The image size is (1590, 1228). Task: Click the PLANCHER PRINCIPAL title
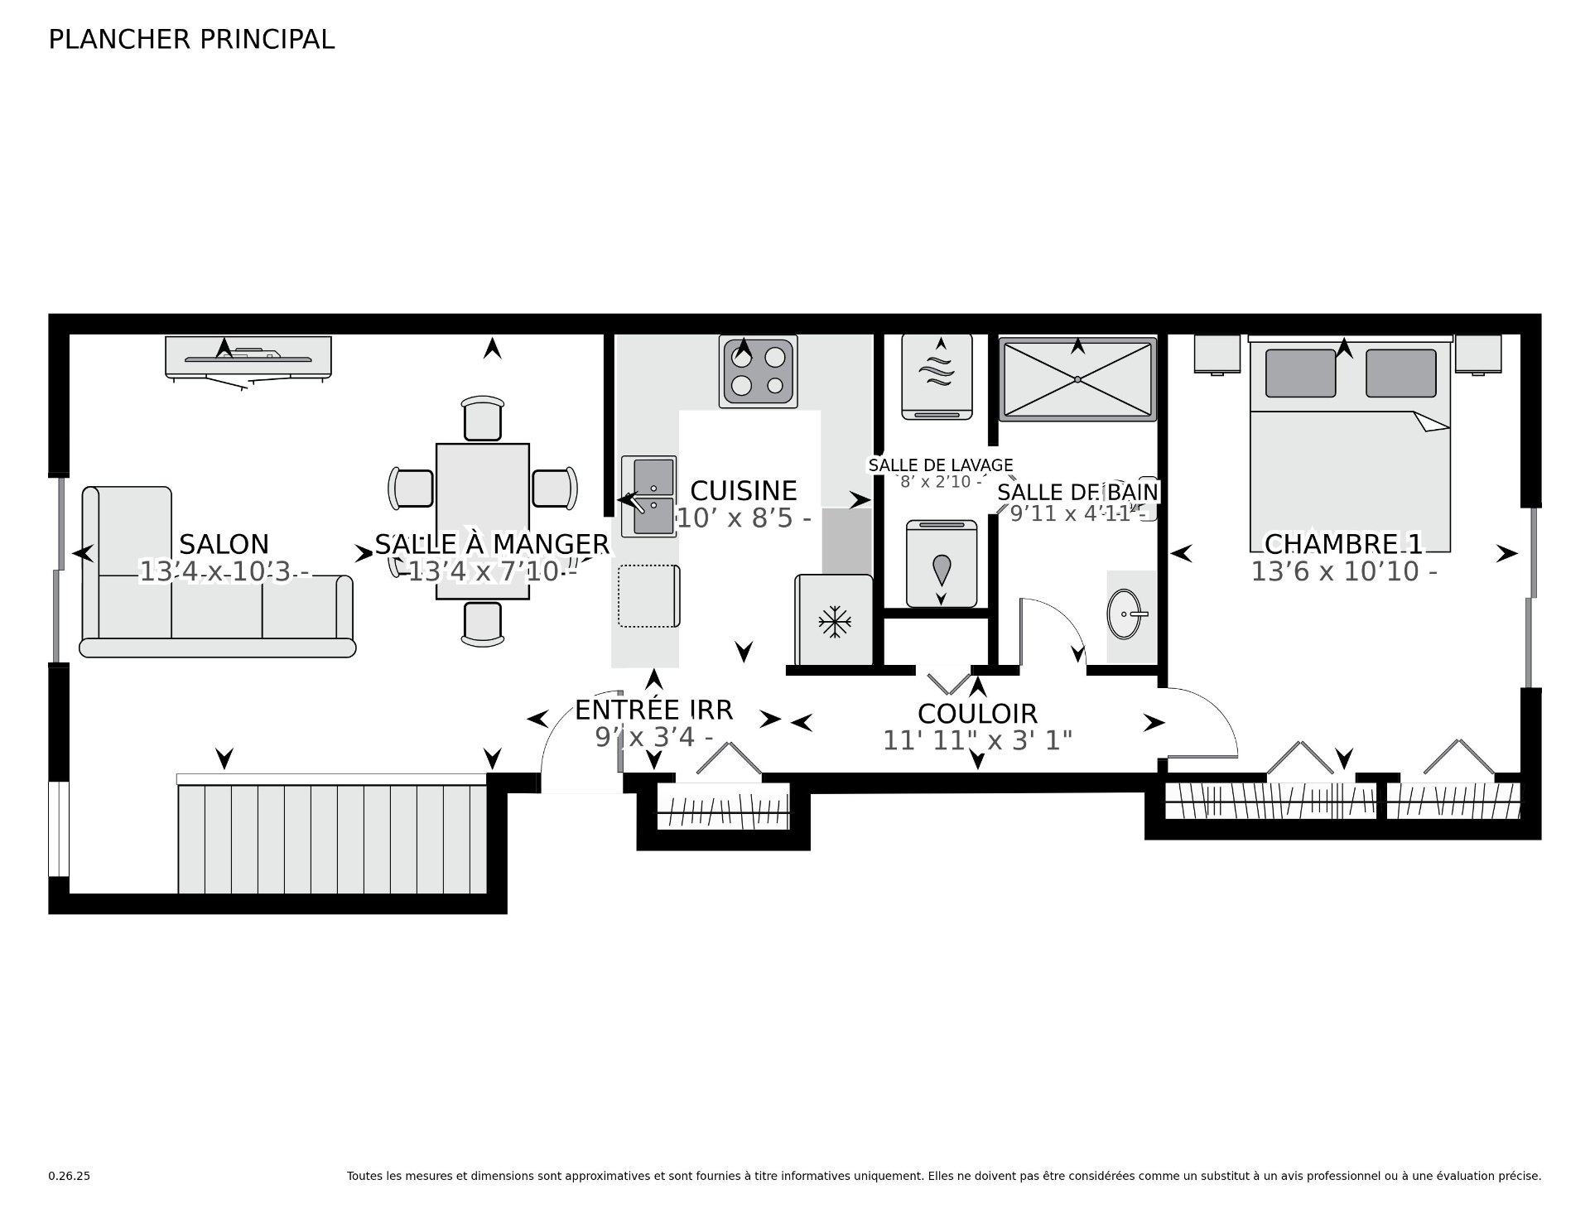[x=191, y=40]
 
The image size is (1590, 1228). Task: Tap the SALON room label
[x=224, y=545]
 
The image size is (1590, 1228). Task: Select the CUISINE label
[x=743, y=491]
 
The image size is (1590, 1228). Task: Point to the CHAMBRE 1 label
[x=1343, y=545]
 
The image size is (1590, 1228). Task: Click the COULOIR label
[x=977, y=714]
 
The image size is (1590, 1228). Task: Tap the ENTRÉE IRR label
[x=654, y=710]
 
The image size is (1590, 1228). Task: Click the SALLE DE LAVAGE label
[x=940, y=465]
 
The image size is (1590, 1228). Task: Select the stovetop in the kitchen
[x=758, y=371]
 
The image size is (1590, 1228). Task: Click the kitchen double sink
[x=649, y=495]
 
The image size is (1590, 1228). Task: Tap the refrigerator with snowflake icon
[x=833, y=619]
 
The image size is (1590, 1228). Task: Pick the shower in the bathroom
[x=1077, y=379]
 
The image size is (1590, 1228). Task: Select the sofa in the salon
[x=218, y=572]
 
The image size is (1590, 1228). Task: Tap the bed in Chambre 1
[x=1350, y=444]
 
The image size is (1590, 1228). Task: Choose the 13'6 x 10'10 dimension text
[x=1343, y=572]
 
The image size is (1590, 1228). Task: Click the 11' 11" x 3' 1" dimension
[x=977, y=740]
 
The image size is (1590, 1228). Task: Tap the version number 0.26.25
[x=69, y=1176]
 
